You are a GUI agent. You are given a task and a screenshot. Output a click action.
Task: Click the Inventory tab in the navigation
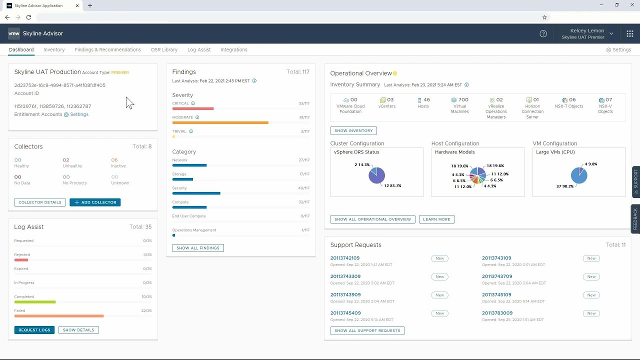54,50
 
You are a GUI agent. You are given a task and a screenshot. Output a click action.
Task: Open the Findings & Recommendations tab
107,50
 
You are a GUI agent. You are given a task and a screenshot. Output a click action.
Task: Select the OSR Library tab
164,50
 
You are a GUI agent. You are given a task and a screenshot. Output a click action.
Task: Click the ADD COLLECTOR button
95,202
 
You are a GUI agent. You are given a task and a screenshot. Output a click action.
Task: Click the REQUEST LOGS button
34,330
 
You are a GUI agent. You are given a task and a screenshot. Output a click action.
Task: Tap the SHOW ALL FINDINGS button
198,248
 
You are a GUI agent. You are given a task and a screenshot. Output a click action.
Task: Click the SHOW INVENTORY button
353,130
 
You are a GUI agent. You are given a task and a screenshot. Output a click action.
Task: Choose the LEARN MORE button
436,219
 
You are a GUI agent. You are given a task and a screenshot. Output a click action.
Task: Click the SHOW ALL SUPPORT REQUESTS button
367,330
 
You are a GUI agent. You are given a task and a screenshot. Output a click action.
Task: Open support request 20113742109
345,258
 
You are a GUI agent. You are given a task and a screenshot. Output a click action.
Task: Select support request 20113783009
497,313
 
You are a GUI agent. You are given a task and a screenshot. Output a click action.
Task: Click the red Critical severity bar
193,108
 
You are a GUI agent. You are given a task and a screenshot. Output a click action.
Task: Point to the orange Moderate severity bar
220,122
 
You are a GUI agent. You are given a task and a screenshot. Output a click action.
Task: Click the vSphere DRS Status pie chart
376,175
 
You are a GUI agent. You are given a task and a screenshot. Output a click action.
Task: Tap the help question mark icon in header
543,33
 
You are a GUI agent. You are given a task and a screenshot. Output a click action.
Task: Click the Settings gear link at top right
618,50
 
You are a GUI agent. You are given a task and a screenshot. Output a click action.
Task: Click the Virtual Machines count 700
460,100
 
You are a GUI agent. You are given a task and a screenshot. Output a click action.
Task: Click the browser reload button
28,17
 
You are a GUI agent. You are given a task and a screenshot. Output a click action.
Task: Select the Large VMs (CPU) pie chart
578,175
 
